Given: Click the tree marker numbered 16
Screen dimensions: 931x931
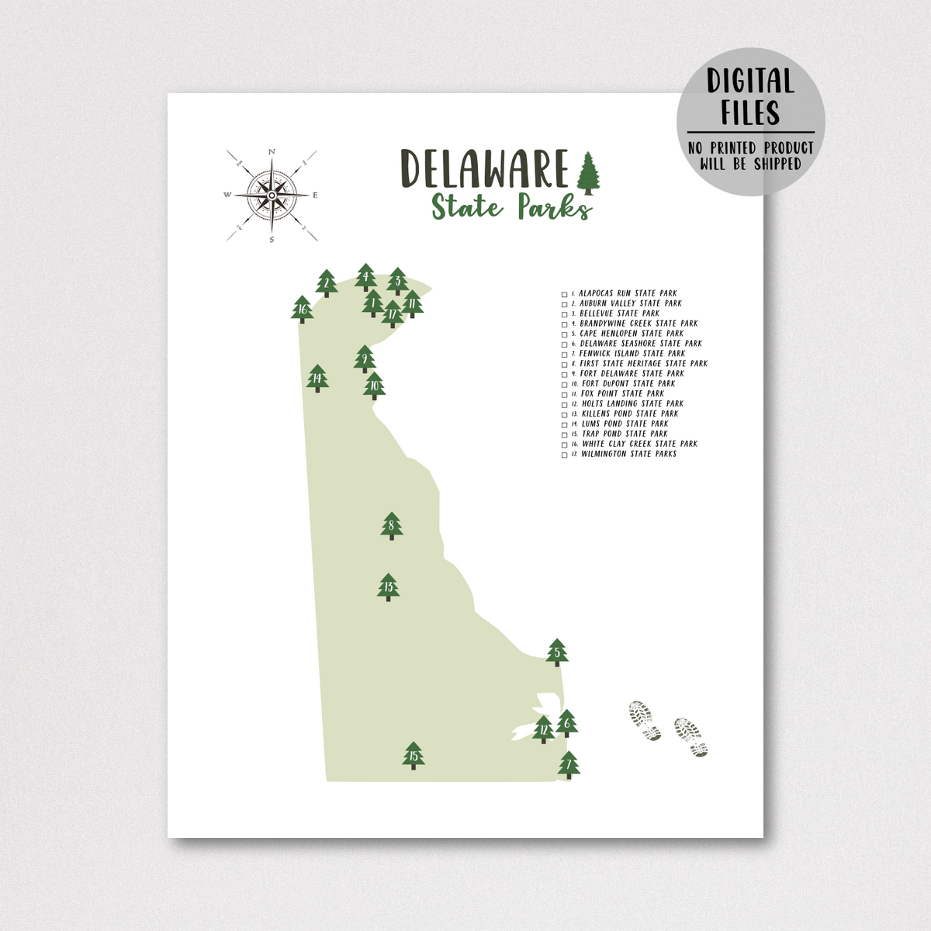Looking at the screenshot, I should (303, 309).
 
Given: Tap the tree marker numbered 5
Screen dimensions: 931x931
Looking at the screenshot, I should (557, 652).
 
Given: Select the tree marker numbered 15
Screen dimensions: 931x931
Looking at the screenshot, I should (414, 756).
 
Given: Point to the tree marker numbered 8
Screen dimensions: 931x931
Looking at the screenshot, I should (392, 526).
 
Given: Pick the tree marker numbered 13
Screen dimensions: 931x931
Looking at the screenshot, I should (388, 587).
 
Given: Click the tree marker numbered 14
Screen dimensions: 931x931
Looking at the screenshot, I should (317, 379).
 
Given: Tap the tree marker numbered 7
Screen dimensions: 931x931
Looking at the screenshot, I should (569, 765).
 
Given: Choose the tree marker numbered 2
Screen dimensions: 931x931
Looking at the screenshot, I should (327, 283).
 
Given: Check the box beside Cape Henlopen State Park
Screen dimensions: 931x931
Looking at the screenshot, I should (565, 334).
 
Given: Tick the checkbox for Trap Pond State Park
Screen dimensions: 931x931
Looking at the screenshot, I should (565, 435).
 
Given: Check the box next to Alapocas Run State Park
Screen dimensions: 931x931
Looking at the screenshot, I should (565, 295).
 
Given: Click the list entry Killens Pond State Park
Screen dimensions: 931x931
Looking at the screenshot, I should (629, 414).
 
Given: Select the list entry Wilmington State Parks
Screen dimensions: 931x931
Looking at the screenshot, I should (628, 455).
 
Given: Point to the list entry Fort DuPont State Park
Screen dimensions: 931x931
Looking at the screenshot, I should (628, 384).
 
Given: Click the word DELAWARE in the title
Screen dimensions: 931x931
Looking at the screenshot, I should (485, 168).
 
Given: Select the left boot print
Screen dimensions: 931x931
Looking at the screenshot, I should (644, 720).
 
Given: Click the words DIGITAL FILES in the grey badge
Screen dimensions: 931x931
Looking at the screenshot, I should (749, 97).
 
